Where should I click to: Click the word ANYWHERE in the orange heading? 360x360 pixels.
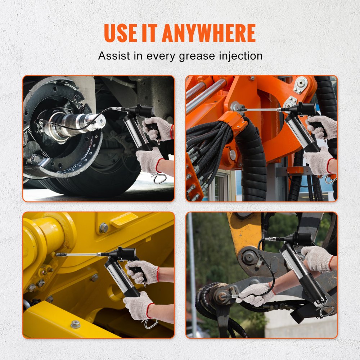pos(208,33)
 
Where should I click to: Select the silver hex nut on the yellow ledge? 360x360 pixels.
pos(75,324)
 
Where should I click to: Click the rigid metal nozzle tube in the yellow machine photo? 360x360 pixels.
pos(77,255)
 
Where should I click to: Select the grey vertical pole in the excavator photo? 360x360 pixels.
pos(191,274)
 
